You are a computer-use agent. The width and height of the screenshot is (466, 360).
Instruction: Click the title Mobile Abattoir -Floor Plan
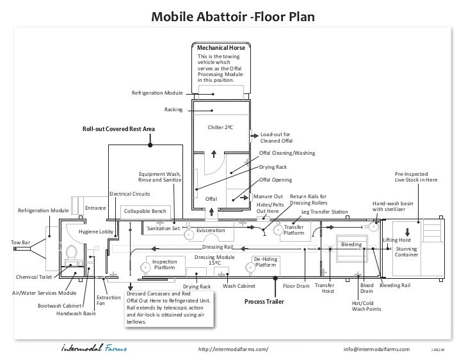[x=232, y=14]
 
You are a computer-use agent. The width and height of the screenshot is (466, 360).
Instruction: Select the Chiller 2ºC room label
[x=220, y=127]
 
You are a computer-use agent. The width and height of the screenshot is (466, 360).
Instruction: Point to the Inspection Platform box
[x=164, y=265]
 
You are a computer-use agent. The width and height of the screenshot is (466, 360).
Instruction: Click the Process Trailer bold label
[x=264, y=301]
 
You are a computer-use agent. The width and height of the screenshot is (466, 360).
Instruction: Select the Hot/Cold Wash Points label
[x=367, y=306]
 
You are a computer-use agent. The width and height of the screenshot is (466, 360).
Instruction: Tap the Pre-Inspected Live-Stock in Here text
[x=416, y=177]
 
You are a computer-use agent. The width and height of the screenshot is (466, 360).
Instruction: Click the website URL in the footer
[x=234, y=349]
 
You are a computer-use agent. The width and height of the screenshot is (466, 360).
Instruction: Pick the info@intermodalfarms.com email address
[x=377, y=349]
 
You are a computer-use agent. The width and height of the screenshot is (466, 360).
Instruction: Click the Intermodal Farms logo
[x=93, y=349]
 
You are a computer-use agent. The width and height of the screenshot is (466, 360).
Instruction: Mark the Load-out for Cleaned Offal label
[x=277, y=137]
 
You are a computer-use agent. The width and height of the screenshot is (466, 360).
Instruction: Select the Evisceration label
[x=211, y=230]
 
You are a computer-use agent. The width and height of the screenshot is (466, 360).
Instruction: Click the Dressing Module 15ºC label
[x=214, y=260]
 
